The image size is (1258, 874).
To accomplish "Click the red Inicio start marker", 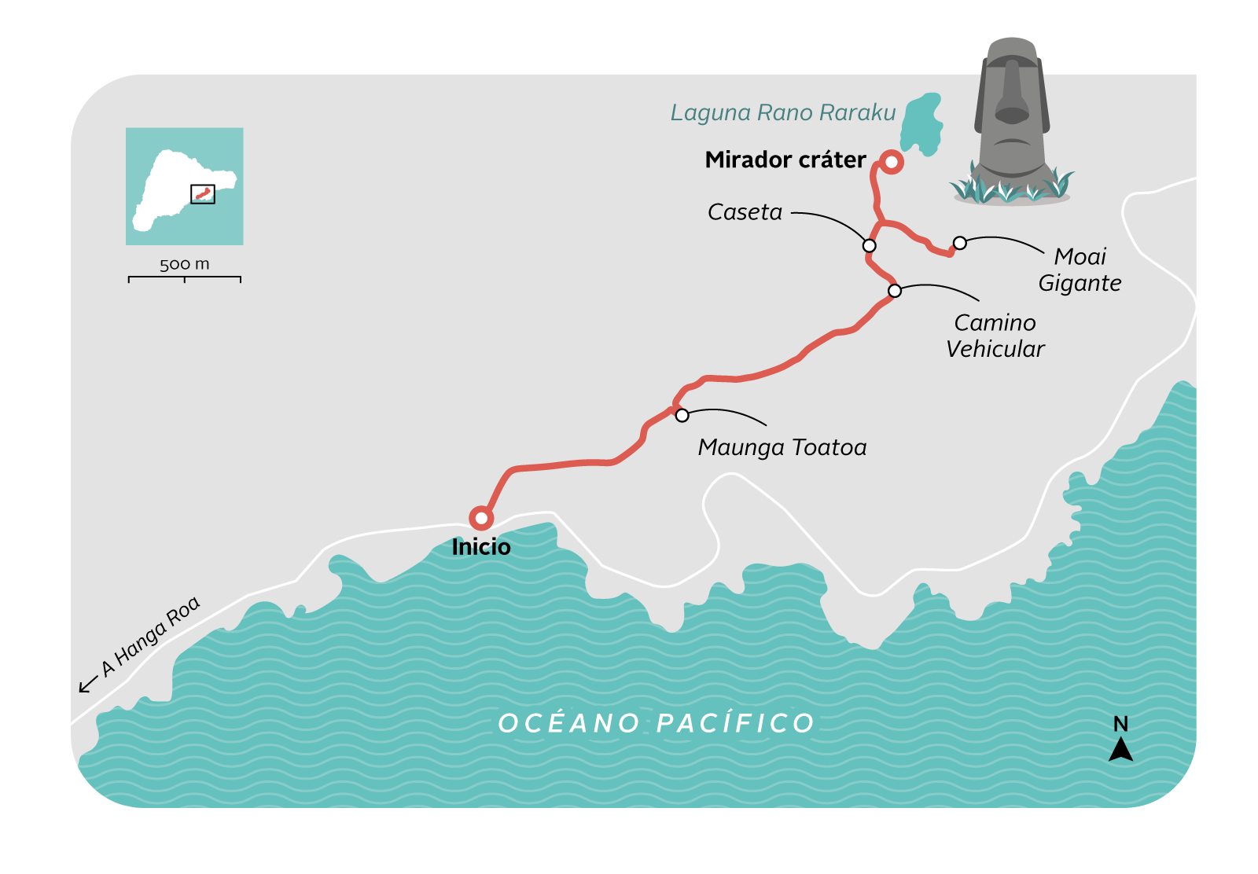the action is [481, 518].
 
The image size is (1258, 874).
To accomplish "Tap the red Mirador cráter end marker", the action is [891, 162].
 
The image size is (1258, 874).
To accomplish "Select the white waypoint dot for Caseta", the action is [869, 246].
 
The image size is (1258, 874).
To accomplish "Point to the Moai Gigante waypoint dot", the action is [959, 243].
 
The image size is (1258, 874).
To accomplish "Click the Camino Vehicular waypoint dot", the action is [895, 291].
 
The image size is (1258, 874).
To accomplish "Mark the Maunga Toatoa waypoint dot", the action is [682, 415].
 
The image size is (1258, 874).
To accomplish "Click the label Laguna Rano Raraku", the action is [782, 113].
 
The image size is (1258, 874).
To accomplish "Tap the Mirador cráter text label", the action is [785, 160].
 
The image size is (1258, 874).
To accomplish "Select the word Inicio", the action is [481, 547].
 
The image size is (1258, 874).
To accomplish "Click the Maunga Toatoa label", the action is [782, 448].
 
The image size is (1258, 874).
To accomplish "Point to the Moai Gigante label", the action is [1080, 270].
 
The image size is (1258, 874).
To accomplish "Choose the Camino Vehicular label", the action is [995, 336].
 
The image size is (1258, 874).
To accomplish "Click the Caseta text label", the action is [745, 212].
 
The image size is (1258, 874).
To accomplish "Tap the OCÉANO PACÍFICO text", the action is [657, 723].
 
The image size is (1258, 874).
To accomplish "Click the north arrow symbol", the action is [1120, 750].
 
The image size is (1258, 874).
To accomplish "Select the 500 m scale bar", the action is [185, 277].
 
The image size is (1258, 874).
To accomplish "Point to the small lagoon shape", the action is [921, 124].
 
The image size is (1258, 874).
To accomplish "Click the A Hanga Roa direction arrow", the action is [88, 685].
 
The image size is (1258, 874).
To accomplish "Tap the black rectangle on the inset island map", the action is [203, 194].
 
